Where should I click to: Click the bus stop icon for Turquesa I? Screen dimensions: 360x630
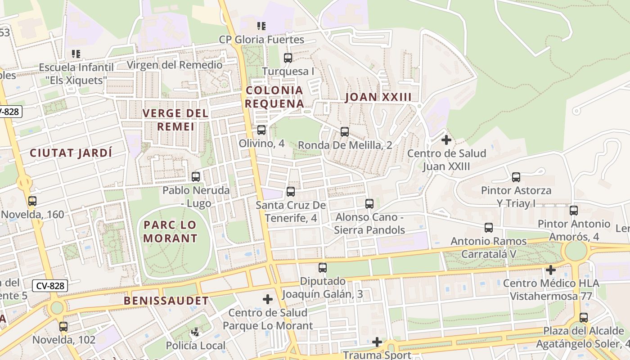click(x=288, y=58)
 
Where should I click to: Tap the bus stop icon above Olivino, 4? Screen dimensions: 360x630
click(x=261, y=130)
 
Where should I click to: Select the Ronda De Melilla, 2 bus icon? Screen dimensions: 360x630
click(x=345, y=131)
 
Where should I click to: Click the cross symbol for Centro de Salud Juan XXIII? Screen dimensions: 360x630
click(x=446, y=140)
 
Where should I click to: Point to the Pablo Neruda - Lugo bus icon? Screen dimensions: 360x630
click(x=196, y=176)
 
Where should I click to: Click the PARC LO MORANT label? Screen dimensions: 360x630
click(x=171, y=231)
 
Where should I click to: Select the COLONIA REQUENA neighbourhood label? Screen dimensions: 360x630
click(x=274, y=97)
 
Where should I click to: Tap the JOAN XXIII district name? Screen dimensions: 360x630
click(x=378, y=97)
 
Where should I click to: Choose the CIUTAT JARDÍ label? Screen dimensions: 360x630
click(x=71, y=153)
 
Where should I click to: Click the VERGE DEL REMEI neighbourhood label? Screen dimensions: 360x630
click(x=175, y=120)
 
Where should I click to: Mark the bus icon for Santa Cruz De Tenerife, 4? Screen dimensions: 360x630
click(x=291, y=192)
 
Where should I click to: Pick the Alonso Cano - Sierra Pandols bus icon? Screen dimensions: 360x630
click(x=369, y=203)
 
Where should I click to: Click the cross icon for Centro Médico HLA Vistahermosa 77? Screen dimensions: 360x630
click(x=550, y=270)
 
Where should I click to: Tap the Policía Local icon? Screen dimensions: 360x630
click(x=195, y=333)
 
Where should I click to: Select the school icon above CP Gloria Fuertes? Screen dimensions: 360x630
click(x=261, y=26)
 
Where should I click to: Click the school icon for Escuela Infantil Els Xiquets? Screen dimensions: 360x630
click(x=76, y=54)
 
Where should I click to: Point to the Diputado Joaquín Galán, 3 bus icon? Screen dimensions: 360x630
click(x=323, y=268)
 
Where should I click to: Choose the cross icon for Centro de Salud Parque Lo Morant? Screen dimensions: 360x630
click(x=268, y=299)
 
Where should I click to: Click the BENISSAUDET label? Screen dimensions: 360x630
click(x=166, y=301)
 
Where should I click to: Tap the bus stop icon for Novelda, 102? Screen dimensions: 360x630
click(x=63, y=327)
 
